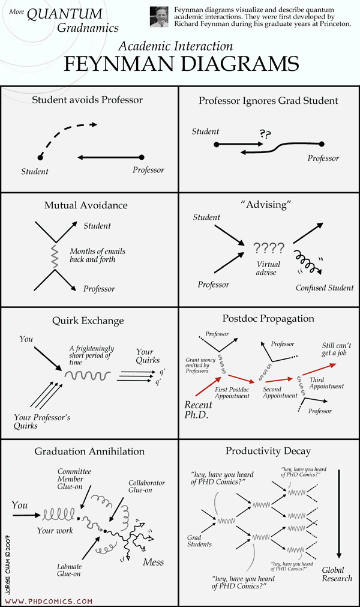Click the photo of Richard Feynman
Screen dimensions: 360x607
coord(160,17)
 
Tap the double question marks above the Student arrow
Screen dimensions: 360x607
coord(265,134)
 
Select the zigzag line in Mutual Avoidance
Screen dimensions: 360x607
coord(55,256)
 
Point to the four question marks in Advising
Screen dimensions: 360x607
coord(269,248)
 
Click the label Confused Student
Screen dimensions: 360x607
coord(325,288)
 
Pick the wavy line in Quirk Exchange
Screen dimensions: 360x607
coord(88,375)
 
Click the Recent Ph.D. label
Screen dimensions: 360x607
coord(198,410)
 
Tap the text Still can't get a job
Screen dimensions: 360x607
coord(336,349)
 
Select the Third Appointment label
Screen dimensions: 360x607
coord(326,383)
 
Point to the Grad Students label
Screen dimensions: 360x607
coord(199,541)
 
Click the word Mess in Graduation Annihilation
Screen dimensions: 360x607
coord(153,562)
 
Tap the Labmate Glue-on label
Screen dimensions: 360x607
coord(69,570)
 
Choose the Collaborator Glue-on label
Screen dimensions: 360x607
coord(146,486)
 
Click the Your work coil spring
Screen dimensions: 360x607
coord(58,515)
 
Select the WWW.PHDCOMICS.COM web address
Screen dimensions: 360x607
coord(49,601)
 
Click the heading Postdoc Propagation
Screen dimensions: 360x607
coord(268,319)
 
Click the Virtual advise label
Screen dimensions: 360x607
coord(268,268)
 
